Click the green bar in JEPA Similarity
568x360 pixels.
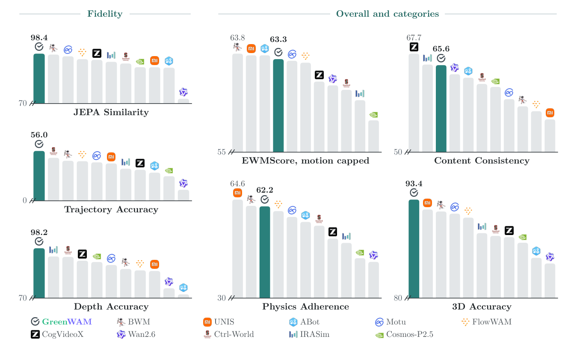coord(39,78)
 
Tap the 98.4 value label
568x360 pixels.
coord(39,38)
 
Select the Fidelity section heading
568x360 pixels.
coord(105,14)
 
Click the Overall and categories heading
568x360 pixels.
coord(387,14)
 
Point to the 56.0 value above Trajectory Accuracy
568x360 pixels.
coord(39,135)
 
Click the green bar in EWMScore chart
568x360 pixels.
coord(278,106)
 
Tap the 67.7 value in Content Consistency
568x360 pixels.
coord(414,38)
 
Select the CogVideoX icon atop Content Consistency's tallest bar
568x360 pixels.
coord(414,47)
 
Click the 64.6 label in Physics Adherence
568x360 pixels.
coord(237,184)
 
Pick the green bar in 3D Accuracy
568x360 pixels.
coord(414,249)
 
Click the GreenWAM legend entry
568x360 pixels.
coord(61,322)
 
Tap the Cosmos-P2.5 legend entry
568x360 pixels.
coord(404,334)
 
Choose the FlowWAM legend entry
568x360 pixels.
coord(486,322)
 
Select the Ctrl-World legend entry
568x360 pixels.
coord(228,334)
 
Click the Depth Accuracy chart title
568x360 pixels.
coord(111,306)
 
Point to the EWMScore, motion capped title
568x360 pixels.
coord(305,161)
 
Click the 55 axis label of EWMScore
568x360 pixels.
coord(222,152)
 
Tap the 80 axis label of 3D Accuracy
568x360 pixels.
coord(398,298)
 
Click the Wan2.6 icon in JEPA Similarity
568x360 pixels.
coord(183,92)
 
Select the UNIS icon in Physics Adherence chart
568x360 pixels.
coord(237,193)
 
